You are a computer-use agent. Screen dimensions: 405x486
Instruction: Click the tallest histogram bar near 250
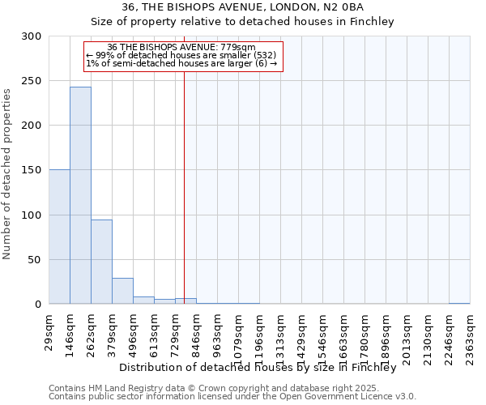[x=80, y=195]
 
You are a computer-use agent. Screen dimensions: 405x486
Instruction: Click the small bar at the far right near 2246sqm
[x=459, y=304]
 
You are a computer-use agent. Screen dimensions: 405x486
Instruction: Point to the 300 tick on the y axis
[x=32, y=36]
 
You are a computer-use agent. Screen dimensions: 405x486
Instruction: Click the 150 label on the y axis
[x=32, y=170]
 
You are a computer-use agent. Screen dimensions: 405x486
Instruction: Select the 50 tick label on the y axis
[x=35, y=260]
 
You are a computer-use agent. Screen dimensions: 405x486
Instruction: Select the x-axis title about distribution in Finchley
[x=262, y=367]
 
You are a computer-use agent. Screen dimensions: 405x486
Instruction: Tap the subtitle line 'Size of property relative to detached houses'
[x=242, y=22]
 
